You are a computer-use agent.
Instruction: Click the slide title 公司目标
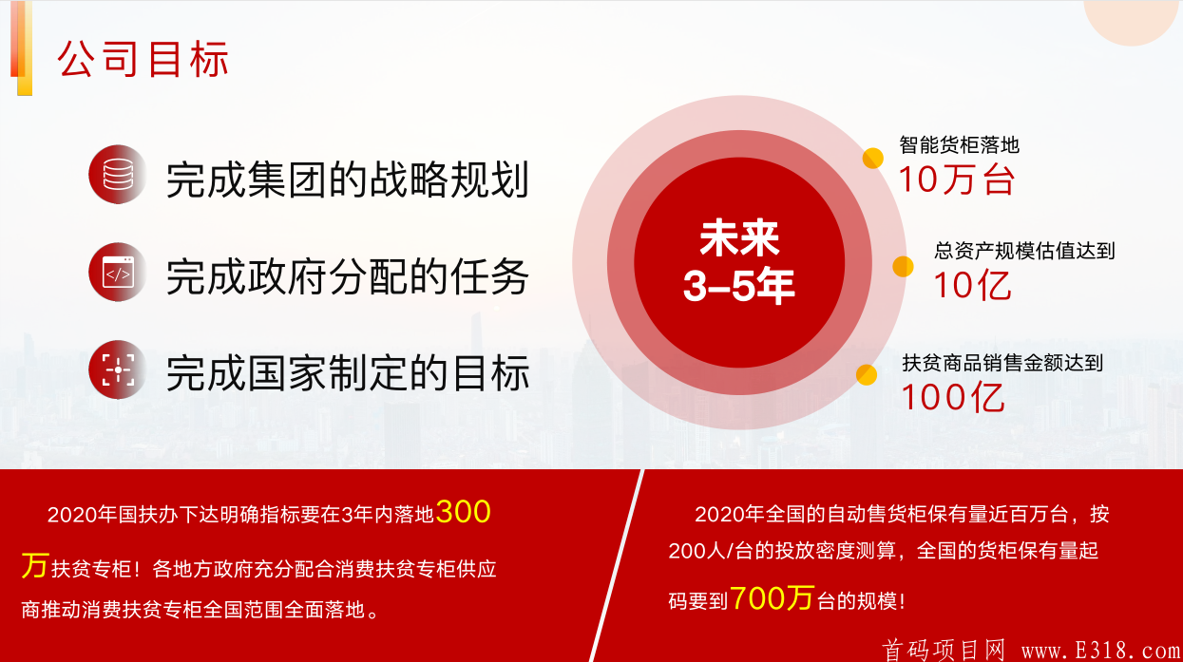pos(143,59)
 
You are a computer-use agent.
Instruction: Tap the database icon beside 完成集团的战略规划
pos(118,175)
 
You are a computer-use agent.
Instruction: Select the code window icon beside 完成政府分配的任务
pos(118,273)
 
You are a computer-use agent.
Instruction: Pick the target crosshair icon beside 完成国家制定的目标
pos(118,369)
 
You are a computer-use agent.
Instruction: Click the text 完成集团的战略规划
pos(348,180)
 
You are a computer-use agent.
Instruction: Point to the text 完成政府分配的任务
pos(348,276)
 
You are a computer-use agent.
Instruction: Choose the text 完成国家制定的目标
pos(348,373)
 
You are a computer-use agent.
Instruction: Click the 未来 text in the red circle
pos(739,238)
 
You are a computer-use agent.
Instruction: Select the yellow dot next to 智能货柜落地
pos(873,159)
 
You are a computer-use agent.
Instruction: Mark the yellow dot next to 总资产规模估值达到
pos(903,267)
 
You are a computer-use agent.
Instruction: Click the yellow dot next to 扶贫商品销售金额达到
pos(867,375)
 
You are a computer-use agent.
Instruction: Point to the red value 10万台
pos(957,180)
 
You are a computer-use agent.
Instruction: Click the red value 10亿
pos(972,286)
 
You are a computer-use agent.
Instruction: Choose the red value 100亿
pos(953,397)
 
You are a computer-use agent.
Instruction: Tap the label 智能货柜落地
pos(959,144)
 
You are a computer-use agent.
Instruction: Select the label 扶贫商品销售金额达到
pos(1002,363)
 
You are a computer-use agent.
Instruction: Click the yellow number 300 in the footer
pos(463,512)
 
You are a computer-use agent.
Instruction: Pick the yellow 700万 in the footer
pos(772,598)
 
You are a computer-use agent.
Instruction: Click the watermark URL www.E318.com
pos(1101,651)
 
